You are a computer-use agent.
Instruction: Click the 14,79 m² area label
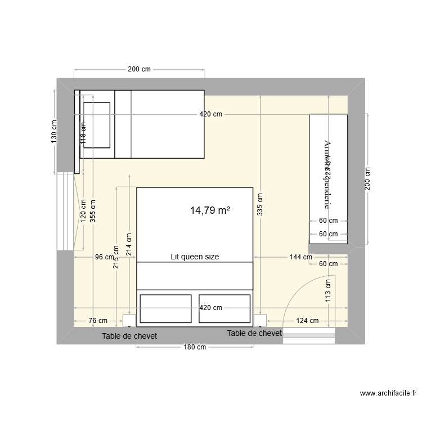click(210, 211)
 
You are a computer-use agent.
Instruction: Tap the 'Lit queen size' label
click(195, 257)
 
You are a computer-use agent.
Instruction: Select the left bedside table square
click(129, 321)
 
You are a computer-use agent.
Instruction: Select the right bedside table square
click(260, 321)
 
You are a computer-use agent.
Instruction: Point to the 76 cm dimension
click(98, 321)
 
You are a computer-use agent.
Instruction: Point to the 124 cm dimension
click(307, 321)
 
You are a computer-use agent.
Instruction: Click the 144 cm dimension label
click(300, 257)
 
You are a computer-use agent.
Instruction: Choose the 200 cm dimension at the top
click(139, 70)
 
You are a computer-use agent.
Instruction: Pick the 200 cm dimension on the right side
click(367, 179)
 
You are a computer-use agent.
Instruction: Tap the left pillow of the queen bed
click(165, 308)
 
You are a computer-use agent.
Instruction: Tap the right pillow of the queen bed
click(225, 308)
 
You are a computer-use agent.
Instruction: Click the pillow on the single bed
click(97, 124)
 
